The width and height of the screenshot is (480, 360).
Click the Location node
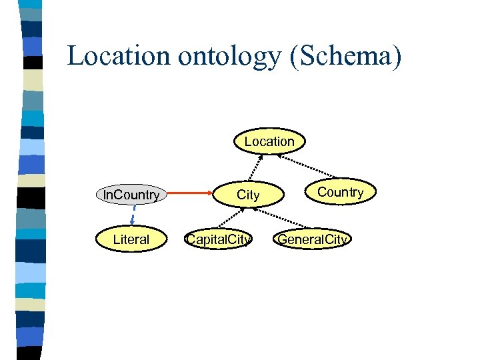[x=269, y=141]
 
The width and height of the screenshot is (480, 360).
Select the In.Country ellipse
[x=131, y=195]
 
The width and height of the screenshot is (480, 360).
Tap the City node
[x=248, y=195]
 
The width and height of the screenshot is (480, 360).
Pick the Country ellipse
[x=340, y=192]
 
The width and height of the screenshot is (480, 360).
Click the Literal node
[x=131, y=239]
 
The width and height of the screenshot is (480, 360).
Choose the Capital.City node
[x=219, y=239]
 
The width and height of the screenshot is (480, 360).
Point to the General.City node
[x=313, y=239]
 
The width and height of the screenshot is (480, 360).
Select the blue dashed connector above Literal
[x=133, y=215]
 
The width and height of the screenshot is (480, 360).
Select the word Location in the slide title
[x=119, y=56]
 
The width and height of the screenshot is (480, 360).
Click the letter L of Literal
[x=116, y=239]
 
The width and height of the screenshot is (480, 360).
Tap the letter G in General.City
[x=283, y=239]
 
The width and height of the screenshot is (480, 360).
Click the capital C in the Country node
[x=321, y=192]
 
